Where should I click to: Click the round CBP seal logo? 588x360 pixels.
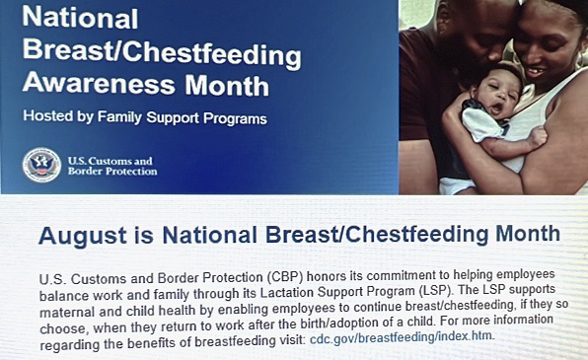[41, 165]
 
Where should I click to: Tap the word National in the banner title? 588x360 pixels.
[78, 19]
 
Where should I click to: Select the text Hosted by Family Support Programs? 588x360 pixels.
[145, 118]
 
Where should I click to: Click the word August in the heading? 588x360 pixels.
[78, 235]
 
